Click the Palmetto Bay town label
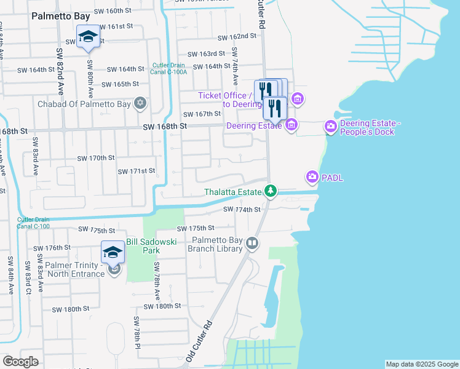pyautogui.click(x=61, y=15)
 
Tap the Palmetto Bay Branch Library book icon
pyautogui.click(x=252, y=244)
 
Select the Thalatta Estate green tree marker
pyautogui.click(x=270, y=192)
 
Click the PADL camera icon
pyautogui.click(x=312, y=178)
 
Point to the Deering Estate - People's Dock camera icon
pyautogui.click(x=331, y=127)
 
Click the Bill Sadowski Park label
pyautogui.click(x=151, y=246)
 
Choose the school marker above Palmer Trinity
pyautogui.click(x=113, y=252)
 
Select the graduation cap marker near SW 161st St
pyautogui.click(x=88, y=36)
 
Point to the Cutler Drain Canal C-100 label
pyautogui.click(x=33, y=223)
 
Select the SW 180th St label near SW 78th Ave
pyautogui.click(x=162, y=306)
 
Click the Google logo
pyautogui.click(x=20, y=361)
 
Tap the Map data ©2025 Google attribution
pyautogui.click(x=421, y=364)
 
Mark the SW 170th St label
pyautogui.click(x=96, y=158)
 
